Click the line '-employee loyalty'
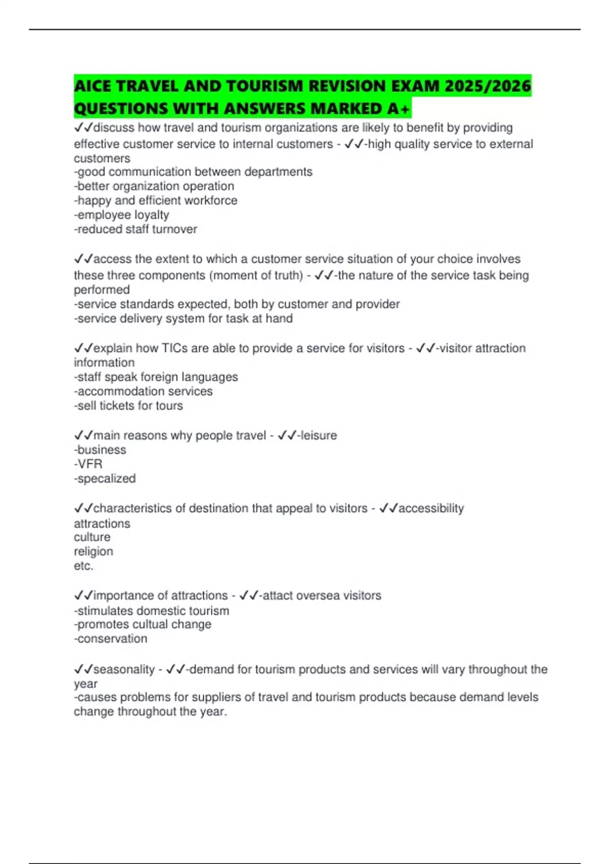point(121,215)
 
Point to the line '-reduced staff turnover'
point(135,229)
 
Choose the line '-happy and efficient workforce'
point(156,201)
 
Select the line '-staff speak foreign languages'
point(156,377)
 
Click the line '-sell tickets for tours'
point(128,406)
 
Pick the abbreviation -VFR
point(88,464)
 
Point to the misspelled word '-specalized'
point(105,479)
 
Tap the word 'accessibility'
point(431,508)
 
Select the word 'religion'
point(94,551)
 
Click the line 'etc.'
point(83,566)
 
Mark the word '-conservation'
point(110,639)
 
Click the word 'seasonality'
point(124,669)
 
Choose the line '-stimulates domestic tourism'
point(151,610)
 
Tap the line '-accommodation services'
point(143,391)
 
